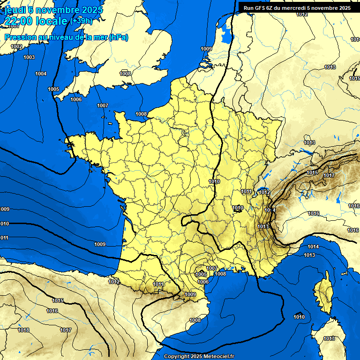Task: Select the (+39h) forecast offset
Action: (x=81, y=21)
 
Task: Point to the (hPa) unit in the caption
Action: (x=118, y=37)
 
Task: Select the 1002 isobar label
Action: (x=16, y=46)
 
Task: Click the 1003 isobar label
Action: (x=29, y=57)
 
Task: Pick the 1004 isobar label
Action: (x=41, y=74)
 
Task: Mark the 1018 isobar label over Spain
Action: (x=23, y=330)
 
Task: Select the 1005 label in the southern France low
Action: (x=201, y=274)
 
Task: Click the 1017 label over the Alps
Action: (x=329, y=175)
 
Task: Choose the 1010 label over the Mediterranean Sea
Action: (x=299, y=317)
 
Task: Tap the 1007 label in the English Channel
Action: (x=103, y=105)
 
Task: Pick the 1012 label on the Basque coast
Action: (x=113, y=282)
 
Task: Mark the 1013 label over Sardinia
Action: (x=329, y=338)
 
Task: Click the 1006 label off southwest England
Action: (x=76, y=99)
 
